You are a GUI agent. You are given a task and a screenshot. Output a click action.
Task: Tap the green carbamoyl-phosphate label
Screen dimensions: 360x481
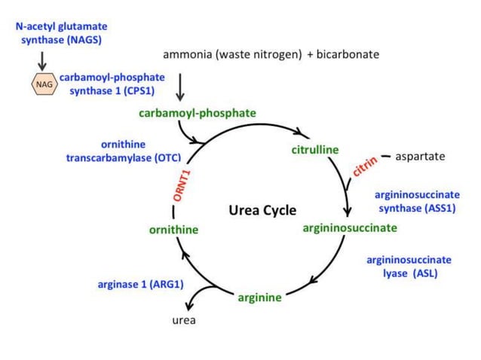(x=198, y=113)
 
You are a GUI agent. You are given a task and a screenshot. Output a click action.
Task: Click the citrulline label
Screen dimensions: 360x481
(x=315, y=150)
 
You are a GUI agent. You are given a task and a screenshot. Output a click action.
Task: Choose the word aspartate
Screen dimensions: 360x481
(x=420, y=157)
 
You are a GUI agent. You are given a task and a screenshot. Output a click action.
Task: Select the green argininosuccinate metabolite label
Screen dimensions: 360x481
(x=349, y=227)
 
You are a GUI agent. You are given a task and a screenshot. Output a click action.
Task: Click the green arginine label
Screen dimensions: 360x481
(x=259, y=297)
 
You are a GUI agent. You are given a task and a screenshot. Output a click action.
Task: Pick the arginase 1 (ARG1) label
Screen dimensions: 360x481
(x=141, y=284)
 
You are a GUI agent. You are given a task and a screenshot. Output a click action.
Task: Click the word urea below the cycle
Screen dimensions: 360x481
(x=185, y=320)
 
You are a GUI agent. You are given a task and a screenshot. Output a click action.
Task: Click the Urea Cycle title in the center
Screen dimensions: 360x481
(x=262, y=210)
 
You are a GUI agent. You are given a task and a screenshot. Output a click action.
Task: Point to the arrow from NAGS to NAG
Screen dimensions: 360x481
(x=43, y=59)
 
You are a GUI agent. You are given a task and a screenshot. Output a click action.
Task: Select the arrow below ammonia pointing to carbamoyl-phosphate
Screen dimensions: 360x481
(x=179, y=87)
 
